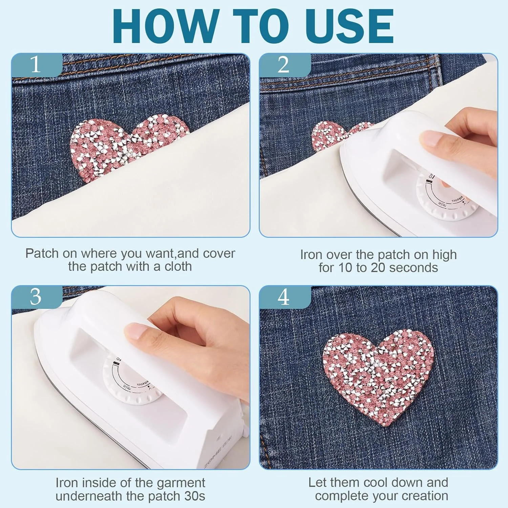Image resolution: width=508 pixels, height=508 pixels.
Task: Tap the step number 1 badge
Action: click(37, 64)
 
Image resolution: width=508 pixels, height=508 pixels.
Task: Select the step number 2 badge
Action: click(284, 64)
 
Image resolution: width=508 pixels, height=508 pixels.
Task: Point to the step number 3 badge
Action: click(37, 297)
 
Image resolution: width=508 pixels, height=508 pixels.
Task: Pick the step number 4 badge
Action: click(284, 297)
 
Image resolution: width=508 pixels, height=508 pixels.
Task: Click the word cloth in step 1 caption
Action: click(178, 267)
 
